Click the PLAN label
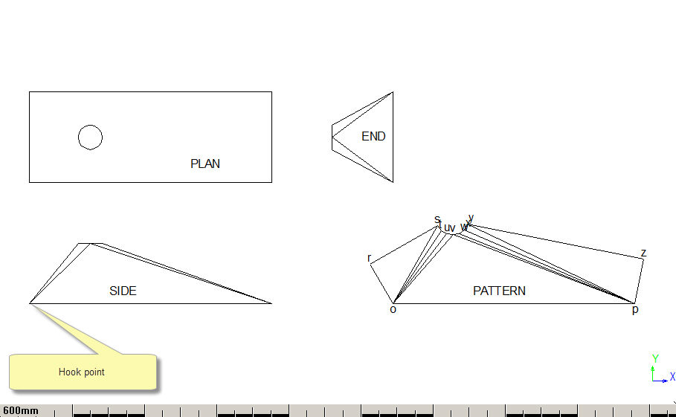coord(205,164)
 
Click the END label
coord(373,137)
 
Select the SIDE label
coord(123,291)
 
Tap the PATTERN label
coord(499,291)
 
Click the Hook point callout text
coord(82,372)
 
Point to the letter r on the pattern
coord(369,258)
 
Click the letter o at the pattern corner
coord(393,309)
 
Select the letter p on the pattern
coord(635,310)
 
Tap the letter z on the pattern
coord(644,253)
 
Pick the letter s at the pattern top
coord(437,219)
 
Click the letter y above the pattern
coord(471,218)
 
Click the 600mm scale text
coord(20,410)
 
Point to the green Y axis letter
coord(655,358)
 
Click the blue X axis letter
coord(672,377)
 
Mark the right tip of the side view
coord(271,303)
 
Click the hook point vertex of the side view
coord(29,303)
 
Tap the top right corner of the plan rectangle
coord(271,91)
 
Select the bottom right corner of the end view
coord(393,182)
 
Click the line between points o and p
coord(513,303)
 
